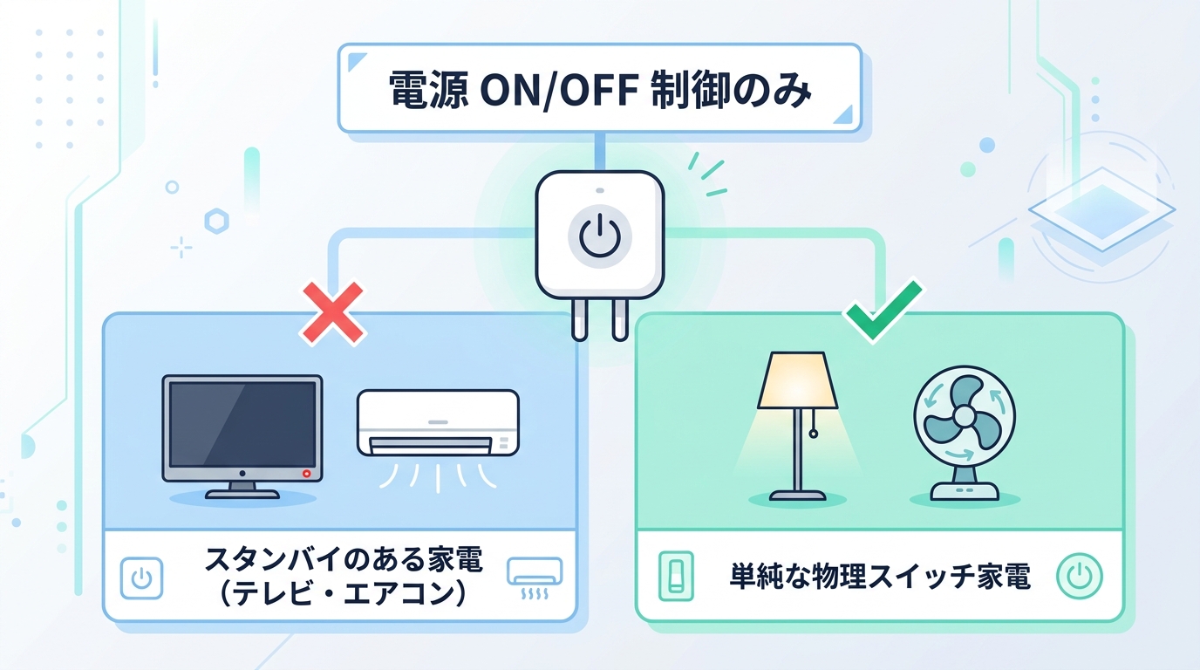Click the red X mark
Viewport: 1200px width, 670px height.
pyautogui.click(x=332, y=313)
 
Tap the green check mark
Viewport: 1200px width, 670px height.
pyautogui.click(x=882, y=311)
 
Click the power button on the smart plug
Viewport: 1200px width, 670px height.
pyautogui.click(x=599, y=236)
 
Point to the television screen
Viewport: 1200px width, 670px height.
pyautogui.click(x=242, y=424)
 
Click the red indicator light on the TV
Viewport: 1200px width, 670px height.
pyautogui.click(x=306, y=474)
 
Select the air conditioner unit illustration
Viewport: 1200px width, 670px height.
pyautogui.click(x=438, y=423)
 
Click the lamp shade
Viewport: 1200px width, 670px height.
pyautogui.click(x=797, y=380)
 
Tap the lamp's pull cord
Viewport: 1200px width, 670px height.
pyautogui.click(x=814, y=423)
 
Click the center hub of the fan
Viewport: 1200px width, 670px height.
pyautogui.click(x=965, y=415)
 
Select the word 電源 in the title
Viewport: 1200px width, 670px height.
pyautogui.click(x=428, y=90)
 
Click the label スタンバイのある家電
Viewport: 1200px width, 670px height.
pyautogui.click(x=344, y=559)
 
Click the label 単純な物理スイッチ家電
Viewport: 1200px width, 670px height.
pyautogui.click(x=880, y=577)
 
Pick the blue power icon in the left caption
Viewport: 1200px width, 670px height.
pyautogui.click(x=141, y=578)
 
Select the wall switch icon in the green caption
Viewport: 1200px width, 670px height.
pyautogui.click(x=676, y=576)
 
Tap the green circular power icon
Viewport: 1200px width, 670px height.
pyautogui.click(x=1079, y=576)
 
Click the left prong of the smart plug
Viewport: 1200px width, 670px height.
pyautogui.click(x=580, y=319)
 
